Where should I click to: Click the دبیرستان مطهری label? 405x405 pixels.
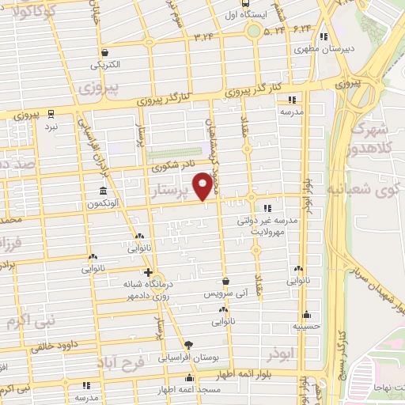tap(311, 48)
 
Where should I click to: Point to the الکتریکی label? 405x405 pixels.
tap(104, 63)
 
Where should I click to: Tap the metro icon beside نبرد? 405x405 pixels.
tap(51, 114)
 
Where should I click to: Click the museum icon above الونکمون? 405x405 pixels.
tap(104, 191)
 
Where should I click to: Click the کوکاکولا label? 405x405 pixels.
tap(44, 13)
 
